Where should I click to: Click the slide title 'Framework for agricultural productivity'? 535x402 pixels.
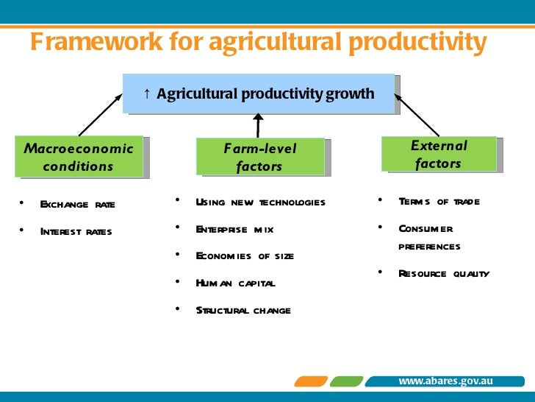[x=258, y=43]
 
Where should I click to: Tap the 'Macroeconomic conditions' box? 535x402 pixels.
[x=79, y=157]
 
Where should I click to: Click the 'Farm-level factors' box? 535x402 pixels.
[x=259, y=157]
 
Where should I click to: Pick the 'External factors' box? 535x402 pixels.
[x=438, y=155]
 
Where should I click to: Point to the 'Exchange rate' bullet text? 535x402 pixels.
[x=77, y=205]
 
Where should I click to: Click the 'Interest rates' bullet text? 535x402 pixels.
[x=76, y=232]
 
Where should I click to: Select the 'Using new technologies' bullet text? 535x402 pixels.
[x=260, y=202]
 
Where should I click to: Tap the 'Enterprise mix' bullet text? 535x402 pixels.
[x=234, y=230]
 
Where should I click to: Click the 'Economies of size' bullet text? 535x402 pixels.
[x=245, y=256]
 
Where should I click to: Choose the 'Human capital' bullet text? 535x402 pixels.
[x=235, y=283]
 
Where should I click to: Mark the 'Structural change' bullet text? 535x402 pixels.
[x=243, y=310]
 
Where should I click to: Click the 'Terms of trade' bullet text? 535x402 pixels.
[x=439, y=202]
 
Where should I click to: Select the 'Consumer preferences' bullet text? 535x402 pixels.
[x=429, y=237]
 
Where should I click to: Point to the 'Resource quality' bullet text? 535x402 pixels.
[x=443, y=274]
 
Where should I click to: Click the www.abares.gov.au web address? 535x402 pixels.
[x=445, y=381]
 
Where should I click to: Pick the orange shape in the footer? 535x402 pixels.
[x=311, y=381]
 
